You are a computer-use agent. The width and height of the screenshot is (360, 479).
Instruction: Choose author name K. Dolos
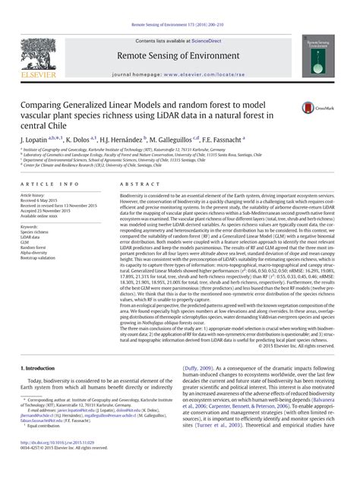pos(77,140)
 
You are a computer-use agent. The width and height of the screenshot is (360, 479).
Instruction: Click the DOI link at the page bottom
pos(61,462)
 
